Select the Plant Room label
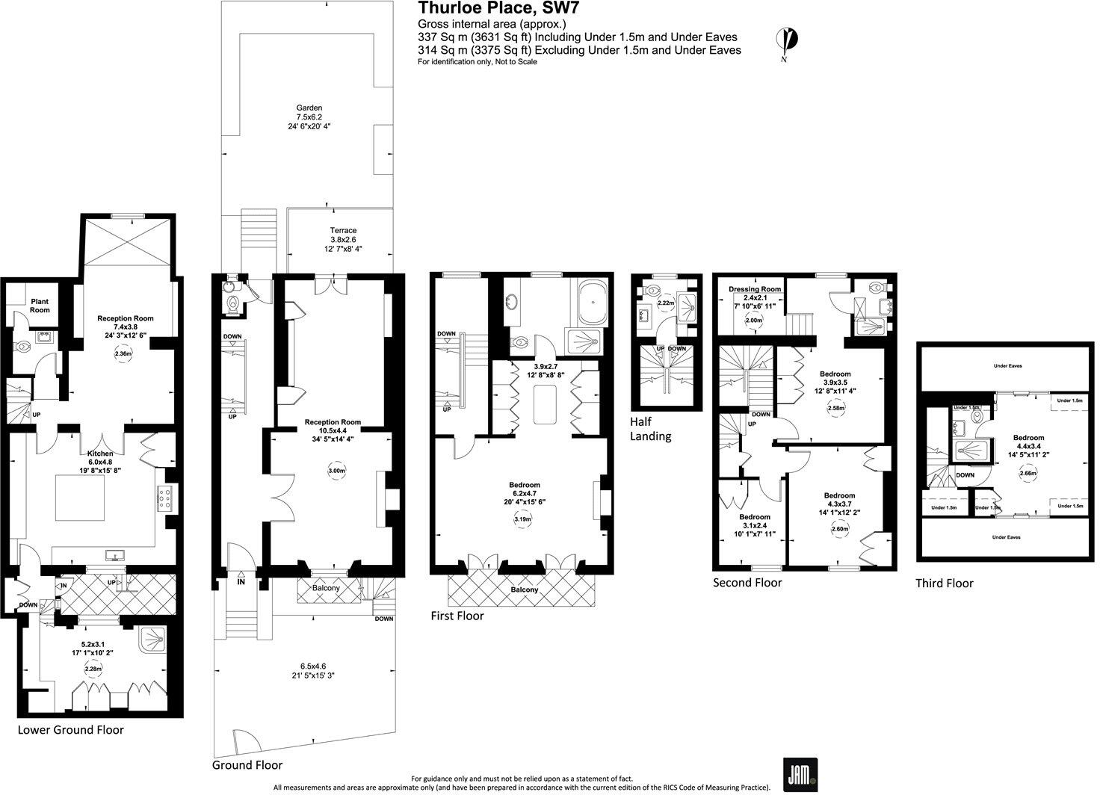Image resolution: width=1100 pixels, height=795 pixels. coord(40,306)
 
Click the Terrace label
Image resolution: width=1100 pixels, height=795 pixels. coord(344,231)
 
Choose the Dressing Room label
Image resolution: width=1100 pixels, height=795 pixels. coord(755,289)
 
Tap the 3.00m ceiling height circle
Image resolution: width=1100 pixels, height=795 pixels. coord(338,471)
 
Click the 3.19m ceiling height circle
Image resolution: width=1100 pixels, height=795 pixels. coord(524,519)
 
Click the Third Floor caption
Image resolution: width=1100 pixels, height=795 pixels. coord(945,583)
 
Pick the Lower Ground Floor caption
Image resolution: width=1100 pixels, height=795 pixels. coord(71,729)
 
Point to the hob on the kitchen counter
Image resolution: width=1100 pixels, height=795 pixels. coord(165,498)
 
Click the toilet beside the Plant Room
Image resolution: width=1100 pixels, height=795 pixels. coord(23,347)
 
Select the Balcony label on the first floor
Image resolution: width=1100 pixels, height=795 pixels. coord(525,590)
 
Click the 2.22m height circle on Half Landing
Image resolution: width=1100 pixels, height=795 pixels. coord(667,303)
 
